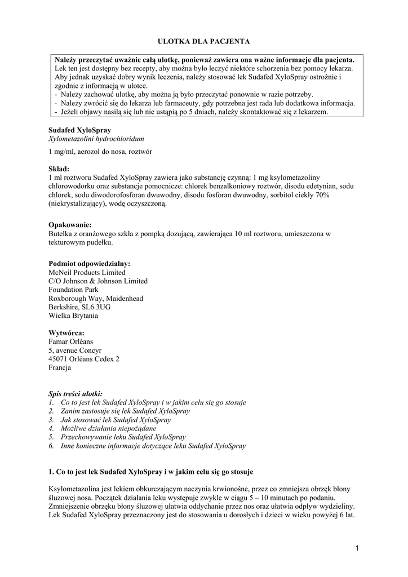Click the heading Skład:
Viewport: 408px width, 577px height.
pyautogui.click(x=59, y=168)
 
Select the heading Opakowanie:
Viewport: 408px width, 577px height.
pyautogui.click(x=70, y=224)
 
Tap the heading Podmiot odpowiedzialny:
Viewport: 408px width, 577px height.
pyautogui.click(x=89, y=263)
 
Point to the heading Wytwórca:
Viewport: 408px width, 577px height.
pyautogui.click(x=66, y=332)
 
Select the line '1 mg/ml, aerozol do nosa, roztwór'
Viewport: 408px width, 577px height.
pyautogui.click(x=100, y=152)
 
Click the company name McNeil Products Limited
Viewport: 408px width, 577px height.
pyautogui.click(x=87, y=272)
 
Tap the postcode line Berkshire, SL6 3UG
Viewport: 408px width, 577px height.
pyautogui.click(x=79, y=307)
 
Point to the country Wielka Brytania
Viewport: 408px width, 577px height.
pyautogui.click(x=73, y=316)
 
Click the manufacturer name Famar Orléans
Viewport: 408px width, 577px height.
pyautogui.click(x=71, y=341)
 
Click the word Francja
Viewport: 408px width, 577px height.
pyautogui.click(x=60, y=367)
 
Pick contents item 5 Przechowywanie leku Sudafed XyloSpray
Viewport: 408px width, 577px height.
pyautogui.click(x=122, y=437)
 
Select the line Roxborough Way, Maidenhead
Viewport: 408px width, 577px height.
pyautogui.click(x=96, y=298)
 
